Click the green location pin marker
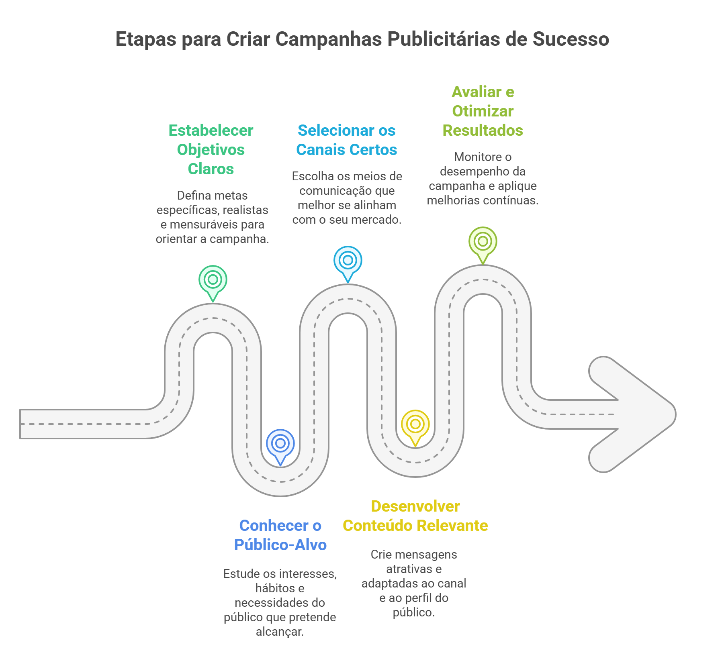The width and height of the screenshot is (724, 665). point(213,280)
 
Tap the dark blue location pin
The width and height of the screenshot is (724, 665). point(280,444)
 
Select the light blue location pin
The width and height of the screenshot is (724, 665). point(348,261)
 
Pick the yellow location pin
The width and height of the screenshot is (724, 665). point(415,424)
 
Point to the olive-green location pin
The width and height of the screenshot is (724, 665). point(483,241)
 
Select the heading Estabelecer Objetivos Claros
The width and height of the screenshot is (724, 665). point(211,149)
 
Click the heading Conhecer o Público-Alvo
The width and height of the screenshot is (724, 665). point(280,535)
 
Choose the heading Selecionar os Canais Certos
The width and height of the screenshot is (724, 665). point(346,140)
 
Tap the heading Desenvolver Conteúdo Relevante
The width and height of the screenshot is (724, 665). point(415,516)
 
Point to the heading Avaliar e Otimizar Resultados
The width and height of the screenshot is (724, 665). point(483,111)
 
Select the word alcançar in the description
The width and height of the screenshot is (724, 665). point(280,631)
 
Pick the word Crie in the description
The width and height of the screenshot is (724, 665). point(381,554)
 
